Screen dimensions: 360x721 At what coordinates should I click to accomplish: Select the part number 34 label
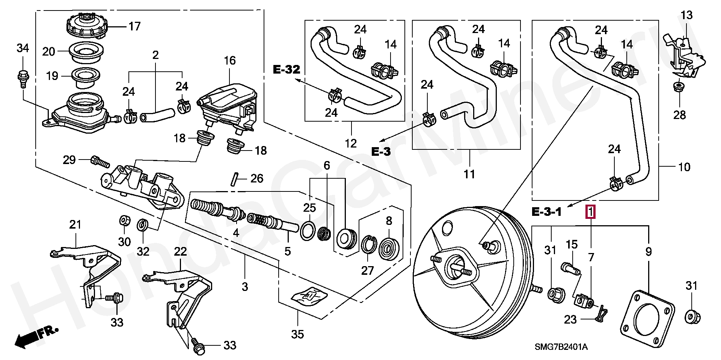coord(23,48)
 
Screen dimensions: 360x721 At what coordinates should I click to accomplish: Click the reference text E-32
coord(287,69)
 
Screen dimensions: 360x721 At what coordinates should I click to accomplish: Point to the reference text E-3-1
coord(546,212)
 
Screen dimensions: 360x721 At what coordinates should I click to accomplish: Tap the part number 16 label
coord(229,60)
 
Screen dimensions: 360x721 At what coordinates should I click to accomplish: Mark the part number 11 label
coord(469,174)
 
